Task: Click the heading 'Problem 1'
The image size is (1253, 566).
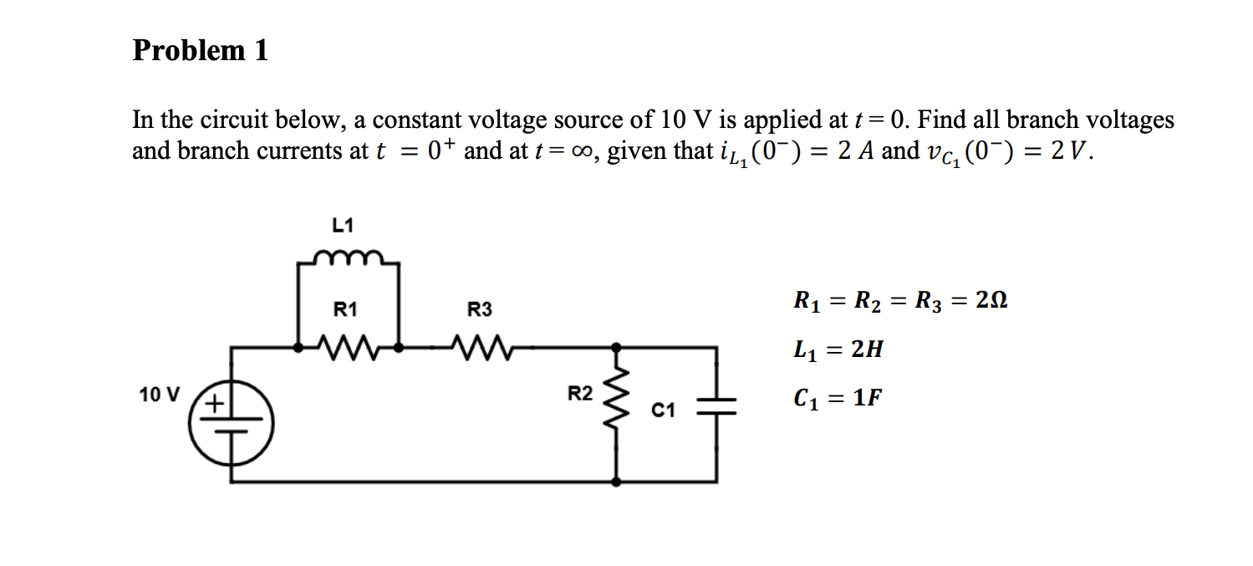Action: (x=201, y=51)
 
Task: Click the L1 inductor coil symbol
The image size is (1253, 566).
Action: (x=349, y=256)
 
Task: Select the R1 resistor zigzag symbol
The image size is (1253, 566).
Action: (x=349, y=344)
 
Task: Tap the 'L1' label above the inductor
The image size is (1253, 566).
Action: (x=343, y=225)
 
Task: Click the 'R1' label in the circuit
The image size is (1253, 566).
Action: (x=345, y=310)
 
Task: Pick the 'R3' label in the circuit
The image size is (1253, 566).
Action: (x=480, y=310)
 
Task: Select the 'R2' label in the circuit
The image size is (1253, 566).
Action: (x=580, y=393)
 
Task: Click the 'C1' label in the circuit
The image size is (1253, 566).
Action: (x=663, y=410)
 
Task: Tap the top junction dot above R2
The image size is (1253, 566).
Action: (x=617, y=345)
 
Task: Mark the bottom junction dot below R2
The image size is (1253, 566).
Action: (x=617, y=482)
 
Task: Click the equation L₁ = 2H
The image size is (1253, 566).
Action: (x=837, y=350)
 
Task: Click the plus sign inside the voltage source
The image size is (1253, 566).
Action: (x=216, y=404)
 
